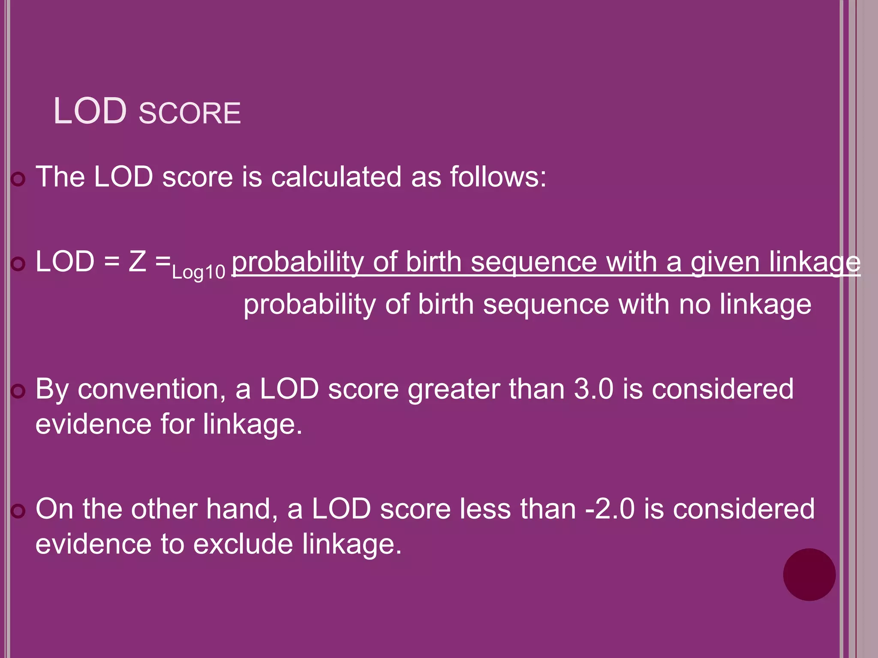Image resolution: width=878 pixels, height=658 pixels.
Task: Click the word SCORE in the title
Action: click(x=189, y=114)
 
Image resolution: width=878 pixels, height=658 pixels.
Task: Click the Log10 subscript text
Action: click(x=198, y=272)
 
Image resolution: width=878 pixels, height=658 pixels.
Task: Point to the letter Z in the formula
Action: click(x=137, y=261)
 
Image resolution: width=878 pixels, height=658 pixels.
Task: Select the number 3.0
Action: click(x=594, y=389)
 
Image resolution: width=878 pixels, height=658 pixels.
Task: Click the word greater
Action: click(x=454, y=390)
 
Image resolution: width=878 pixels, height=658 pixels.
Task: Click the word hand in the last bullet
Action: click(x=242, y=509)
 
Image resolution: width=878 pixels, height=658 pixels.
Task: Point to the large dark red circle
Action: click(x=809, y=574)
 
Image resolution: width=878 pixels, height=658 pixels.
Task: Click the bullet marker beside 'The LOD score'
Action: click(x=18, y=179)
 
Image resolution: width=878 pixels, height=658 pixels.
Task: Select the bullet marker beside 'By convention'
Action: click(x=18, y=391)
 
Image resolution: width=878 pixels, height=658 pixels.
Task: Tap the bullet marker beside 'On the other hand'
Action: click(x=18, y=511)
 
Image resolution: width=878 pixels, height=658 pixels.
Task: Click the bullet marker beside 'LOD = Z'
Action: click(x=18, y=264)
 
